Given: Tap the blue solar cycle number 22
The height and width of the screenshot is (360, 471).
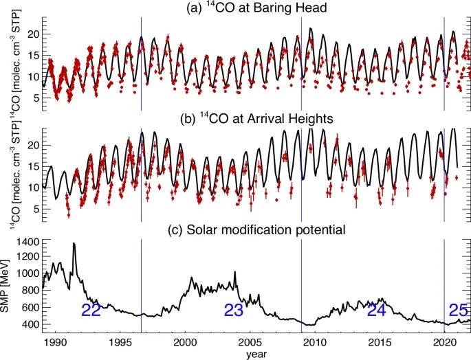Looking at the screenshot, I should click(91, 311).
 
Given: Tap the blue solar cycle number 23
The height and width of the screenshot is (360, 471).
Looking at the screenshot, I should click(234, 311).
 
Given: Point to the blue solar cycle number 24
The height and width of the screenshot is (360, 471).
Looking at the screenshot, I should click(376, 311).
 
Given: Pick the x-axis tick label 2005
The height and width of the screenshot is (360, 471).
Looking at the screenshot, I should click(250, 341).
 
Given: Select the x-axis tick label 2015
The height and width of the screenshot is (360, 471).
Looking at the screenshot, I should click(380, 341).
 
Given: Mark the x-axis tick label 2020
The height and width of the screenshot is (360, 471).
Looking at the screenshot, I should click(445, 341).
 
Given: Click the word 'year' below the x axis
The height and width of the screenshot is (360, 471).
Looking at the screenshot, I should click(249, 353).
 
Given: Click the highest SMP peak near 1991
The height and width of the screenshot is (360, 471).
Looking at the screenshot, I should click(74, 244).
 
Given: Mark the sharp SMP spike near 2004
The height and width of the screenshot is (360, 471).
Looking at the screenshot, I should click(235, 273).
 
